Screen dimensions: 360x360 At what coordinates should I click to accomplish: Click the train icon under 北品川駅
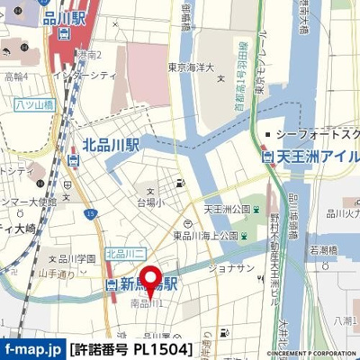click(x=76, y=162)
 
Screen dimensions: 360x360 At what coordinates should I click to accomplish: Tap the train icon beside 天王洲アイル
click(x=267, y=157)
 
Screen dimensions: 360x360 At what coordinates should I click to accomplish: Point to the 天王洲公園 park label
click(x=227, y=210)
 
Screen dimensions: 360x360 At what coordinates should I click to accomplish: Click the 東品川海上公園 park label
click(x=205, y=236)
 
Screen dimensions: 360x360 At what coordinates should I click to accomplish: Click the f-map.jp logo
click(x=31, y=348)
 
